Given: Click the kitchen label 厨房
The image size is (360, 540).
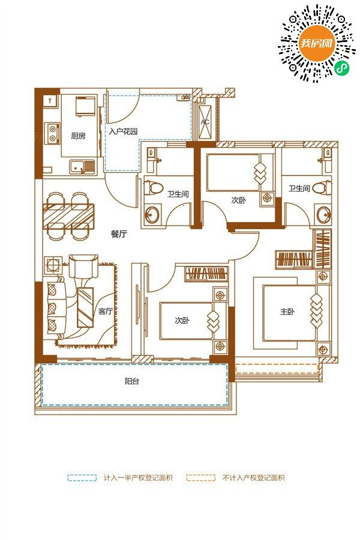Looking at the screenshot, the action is [x=78, y=136].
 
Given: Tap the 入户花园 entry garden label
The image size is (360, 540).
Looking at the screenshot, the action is [x=124, y=131].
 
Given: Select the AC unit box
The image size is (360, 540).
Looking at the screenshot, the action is [x=205, y=122].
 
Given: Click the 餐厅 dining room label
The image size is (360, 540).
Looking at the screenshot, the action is [x=119, y=234].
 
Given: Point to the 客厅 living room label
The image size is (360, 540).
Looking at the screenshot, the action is [x=106, y=311].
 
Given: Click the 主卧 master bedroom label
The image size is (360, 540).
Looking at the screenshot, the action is [x=287, y=312].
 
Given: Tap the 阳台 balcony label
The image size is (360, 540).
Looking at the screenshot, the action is [x=132, y=381].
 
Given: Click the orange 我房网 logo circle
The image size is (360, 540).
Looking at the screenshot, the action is [x=317, y=43].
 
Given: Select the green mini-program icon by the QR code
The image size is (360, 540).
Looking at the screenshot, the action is [x=342, y=67].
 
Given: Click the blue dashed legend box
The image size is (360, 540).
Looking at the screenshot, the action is [x=82, y=478].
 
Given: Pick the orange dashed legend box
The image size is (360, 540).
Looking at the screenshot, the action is [x=200, y=478].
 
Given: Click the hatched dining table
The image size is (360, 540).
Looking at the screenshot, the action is [x=68, y=216].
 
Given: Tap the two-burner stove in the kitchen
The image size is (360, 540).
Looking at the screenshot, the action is [x=53, y=133].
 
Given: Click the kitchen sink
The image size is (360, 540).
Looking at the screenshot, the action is [x=82, y=167].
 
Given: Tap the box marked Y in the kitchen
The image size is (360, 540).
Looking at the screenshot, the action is [x=50, y=101].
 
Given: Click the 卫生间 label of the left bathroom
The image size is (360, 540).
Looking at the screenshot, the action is [x=178, y=194].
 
